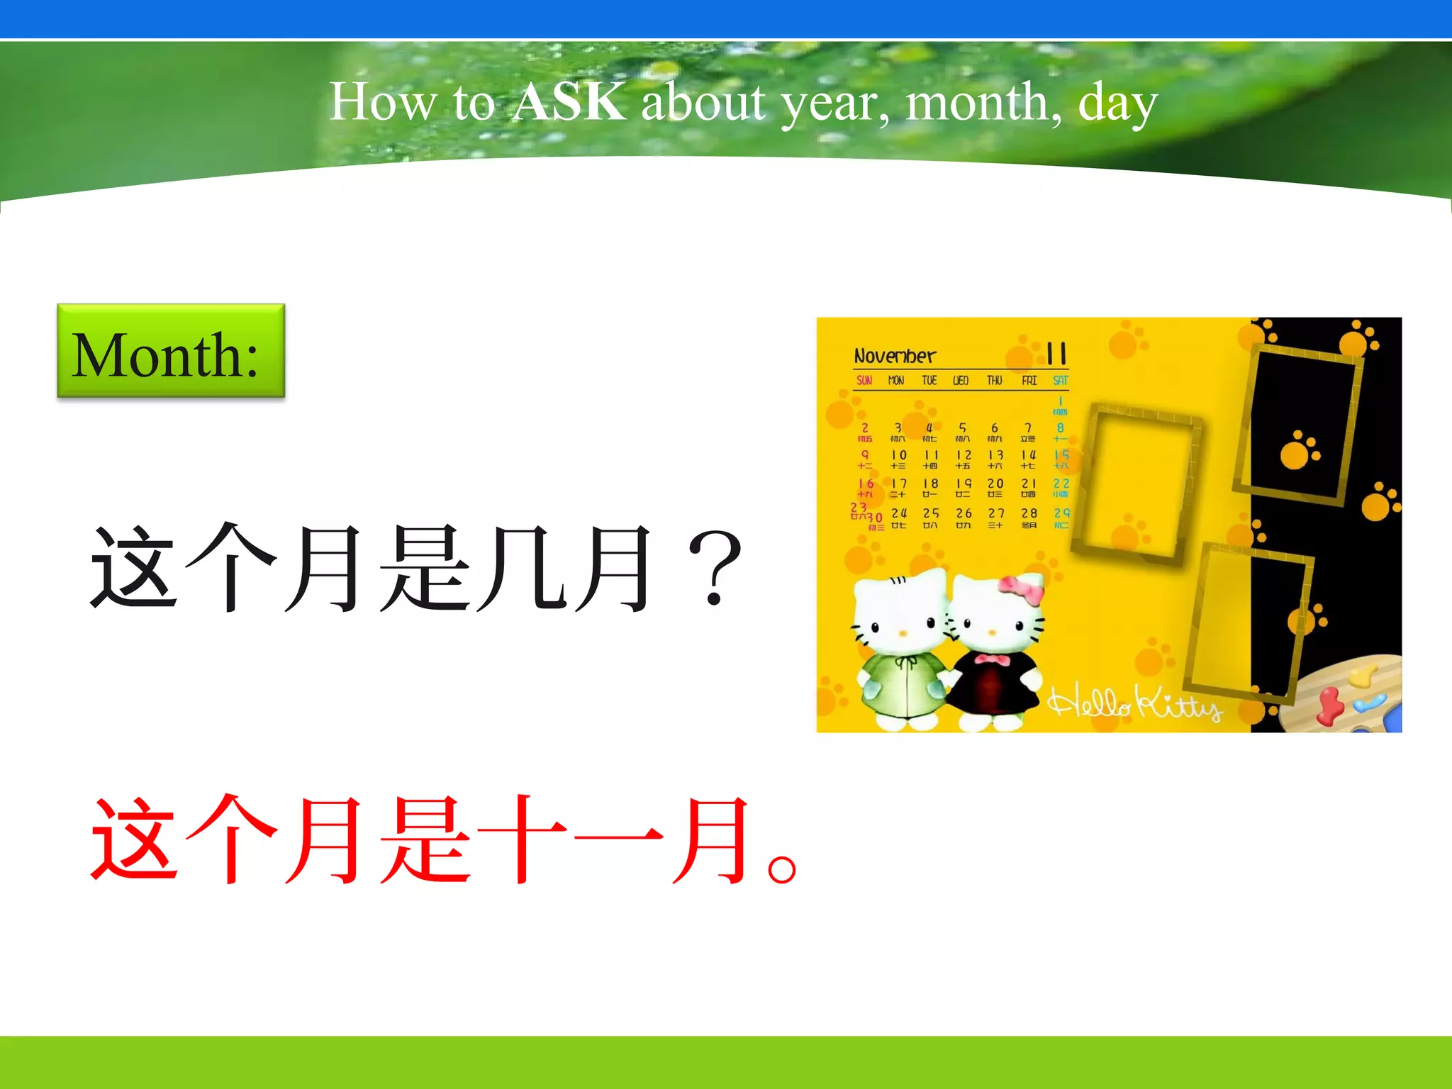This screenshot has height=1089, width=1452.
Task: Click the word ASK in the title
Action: tap(569, 102)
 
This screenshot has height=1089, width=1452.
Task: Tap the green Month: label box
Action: tap(171, 352)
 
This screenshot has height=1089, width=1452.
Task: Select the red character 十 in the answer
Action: tap(521, 840)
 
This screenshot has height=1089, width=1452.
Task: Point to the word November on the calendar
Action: tap(894, 356)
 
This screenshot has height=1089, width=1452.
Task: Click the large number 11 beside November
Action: tap(1056, 353)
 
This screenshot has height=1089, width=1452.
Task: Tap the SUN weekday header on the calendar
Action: tap(864, 381)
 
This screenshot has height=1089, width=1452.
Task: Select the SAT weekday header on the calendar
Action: tap(1060, 381)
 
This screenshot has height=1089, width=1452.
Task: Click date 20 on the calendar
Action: tap(995, 484)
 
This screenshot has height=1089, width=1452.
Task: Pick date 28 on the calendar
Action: tap(1029, 513)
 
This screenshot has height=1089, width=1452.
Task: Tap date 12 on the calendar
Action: tap(964, 455)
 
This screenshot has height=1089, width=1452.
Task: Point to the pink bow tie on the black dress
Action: tap(992, 661)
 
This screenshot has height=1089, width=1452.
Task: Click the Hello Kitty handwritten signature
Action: tap(1134, 704)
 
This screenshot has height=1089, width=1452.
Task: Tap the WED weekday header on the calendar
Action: tap(961, 381)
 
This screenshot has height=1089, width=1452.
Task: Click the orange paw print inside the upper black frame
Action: tap(1300, 449)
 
